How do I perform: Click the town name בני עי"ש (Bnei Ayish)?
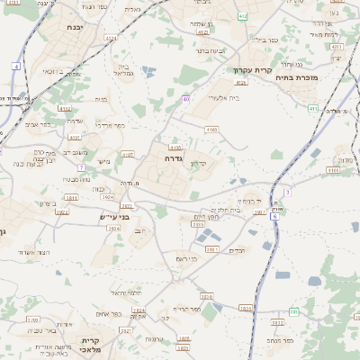tap(114, 217)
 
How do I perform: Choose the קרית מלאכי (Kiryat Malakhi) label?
tap(94, 345)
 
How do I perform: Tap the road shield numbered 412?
tap(243, 16)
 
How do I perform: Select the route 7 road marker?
tap(81, 167)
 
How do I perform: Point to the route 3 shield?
tap(287, 192)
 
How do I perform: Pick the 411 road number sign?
tap(312, 109)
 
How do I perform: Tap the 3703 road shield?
tap(32, 319)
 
